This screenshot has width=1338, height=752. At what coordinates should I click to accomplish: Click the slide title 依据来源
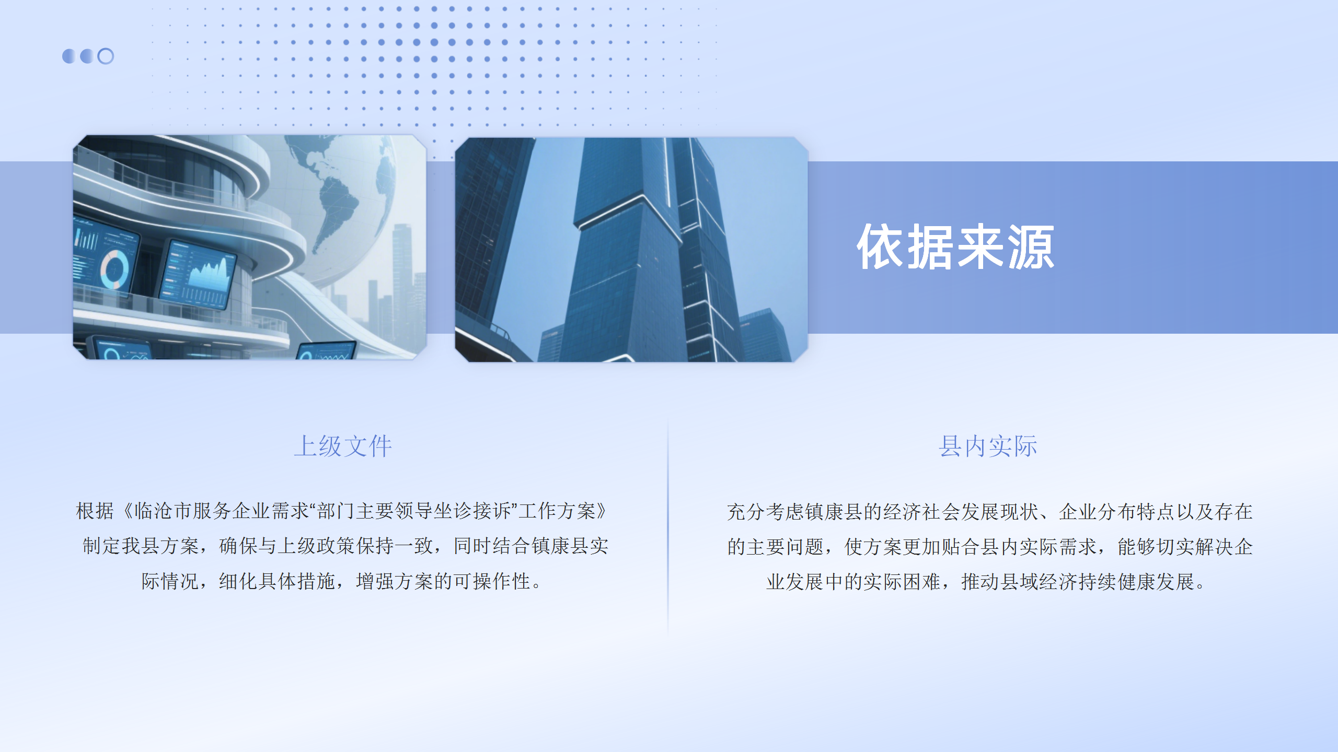955,247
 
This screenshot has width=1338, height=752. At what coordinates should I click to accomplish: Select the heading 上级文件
343,446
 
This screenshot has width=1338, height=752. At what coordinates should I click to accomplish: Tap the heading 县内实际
987,446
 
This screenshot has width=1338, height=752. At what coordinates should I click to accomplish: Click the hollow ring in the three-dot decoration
106,56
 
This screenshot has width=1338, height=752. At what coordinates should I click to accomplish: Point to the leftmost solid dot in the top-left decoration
69,56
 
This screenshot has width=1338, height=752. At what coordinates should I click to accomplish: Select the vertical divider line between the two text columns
668,527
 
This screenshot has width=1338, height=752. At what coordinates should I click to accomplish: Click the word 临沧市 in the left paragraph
163,511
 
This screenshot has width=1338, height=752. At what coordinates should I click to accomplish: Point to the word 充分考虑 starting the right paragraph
765,512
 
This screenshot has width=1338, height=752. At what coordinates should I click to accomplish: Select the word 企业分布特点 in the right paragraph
1117,512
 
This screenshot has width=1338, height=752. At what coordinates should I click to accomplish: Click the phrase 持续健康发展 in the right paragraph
1137,582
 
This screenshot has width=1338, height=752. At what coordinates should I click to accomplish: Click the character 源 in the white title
1031,247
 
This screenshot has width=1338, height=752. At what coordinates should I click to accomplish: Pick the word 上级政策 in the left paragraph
317,546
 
